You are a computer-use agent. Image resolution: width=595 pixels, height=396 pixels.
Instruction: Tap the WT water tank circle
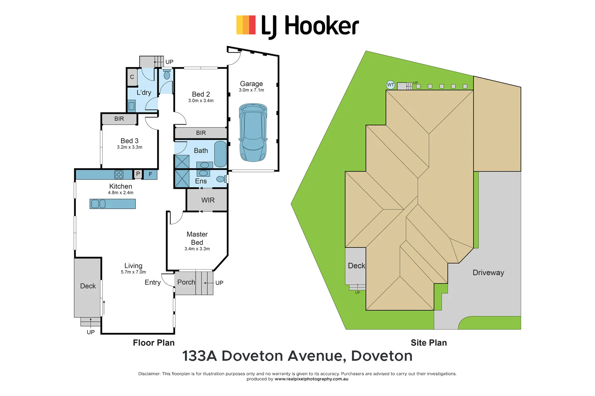(390, 85)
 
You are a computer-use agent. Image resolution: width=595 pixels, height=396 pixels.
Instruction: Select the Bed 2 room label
(201, 94)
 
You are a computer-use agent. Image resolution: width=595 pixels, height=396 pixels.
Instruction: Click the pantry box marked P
(138, 174)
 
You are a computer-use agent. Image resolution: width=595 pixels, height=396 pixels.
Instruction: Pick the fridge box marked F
(150, 175)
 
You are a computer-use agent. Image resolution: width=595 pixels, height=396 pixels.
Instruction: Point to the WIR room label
(208, 200)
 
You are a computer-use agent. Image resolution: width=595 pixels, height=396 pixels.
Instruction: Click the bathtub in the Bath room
(220, 154)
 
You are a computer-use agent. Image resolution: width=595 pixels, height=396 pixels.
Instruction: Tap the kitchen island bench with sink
(113, 204)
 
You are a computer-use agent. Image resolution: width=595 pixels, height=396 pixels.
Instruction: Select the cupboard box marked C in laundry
(132, 77)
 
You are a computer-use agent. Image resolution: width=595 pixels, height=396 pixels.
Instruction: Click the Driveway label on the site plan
(488, 273)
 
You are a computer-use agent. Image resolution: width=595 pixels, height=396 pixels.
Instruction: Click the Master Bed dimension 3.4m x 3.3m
(197, 249)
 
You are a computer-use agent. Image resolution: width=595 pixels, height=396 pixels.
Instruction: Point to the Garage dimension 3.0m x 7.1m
(252, 90)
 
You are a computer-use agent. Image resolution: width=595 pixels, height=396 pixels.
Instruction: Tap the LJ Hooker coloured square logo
(246, 25)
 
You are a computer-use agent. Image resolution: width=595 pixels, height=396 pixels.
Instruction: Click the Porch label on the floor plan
(186, 282)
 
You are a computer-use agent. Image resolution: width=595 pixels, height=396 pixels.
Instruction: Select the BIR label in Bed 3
(119, 119)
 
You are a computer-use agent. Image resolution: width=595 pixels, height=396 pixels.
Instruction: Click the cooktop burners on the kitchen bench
(119, 175)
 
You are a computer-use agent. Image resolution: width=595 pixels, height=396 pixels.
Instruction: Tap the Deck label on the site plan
(356, 266)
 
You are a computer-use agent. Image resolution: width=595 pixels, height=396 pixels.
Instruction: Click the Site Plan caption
(429, 343)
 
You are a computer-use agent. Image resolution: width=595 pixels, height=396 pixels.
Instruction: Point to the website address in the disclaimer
(311, 379)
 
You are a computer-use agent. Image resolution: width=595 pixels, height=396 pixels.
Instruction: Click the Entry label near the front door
(152, 282)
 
